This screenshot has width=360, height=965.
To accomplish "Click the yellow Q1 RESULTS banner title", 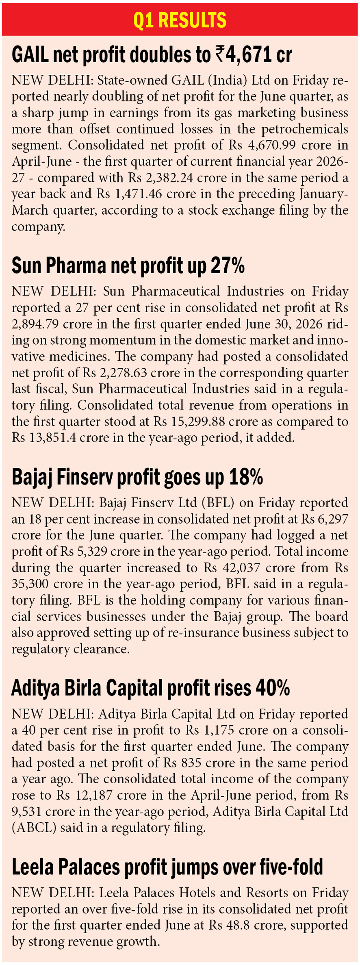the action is coord(180,19).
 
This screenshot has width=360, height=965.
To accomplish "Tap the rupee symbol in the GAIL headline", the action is coord(219,54).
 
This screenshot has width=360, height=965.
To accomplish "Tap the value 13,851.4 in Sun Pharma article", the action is coord(51,438).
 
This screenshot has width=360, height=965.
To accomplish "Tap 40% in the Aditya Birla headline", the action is coord(273,689).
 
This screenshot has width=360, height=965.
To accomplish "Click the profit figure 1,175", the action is coord(219,730).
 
